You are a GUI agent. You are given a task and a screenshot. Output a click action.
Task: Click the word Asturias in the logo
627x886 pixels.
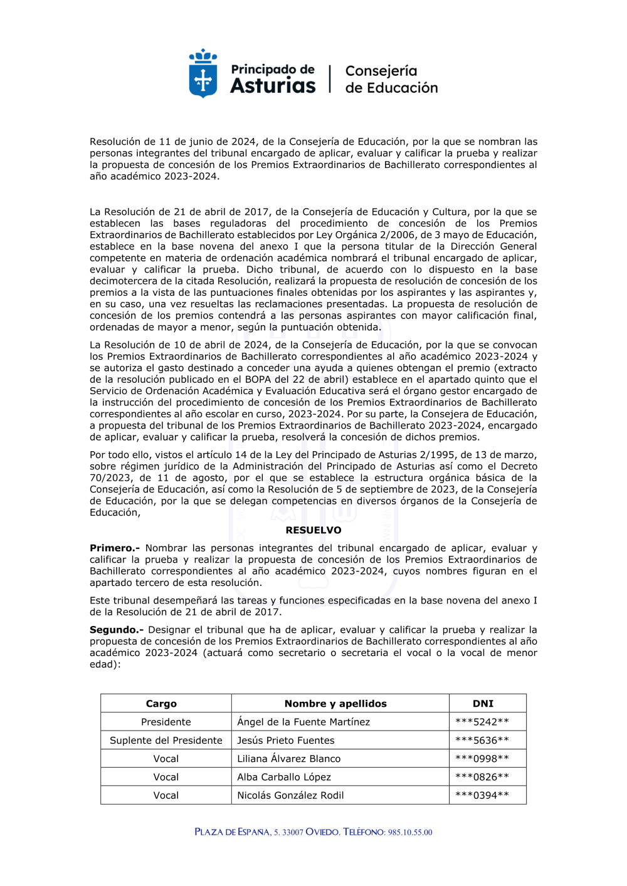pos(273,86)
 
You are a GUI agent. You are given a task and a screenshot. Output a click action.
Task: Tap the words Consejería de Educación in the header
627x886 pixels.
pos(391,80)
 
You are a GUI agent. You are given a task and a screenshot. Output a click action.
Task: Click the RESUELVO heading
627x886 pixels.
pos(313,530)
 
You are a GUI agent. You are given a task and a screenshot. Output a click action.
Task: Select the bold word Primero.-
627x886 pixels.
pos(115,548)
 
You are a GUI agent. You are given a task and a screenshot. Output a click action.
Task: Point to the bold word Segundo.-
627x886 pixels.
pos(117,630)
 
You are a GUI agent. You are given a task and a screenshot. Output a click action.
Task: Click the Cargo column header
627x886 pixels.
pos(161,704)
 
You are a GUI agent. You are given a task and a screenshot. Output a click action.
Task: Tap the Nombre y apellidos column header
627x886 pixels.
pos(335,704)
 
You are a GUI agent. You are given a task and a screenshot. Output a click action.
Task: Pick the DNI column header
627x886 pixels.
pos(483,704)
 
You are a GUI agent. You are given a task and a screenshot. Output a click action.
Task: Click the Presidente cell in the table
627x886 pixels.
pos(166,722)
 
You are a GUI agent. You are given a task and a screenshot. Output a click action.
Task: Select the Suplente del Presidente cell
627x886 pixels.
pos(166,740)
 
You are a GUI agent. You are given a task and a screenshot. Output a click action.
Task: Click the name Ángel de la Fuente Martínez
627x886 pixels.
pos(303,722)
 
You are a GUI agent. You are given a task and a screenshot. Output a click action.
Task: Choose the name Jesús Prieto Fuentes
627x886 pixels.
pos(286,740)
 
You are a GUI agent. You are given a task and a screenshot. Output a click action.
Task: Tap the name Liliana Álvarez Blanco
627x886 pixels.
pos(289,758)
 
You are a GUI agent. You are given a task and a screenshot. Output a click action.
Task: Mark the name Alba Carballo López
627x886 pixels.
pos(284,777)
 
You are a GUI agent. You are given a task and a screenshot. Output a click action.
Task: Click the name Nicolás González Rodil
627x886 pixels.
pos(290,795)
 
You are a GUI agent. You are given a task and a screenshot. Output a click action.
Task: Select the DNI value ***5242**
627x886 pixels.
pos(482,722)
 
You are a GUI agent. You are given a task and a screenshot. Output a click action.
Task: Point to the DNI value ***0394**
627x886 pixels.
pos(482,795)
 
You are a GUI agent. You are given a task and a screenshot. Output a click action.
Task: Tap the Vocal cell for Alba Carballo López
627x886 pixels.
pos(166,777)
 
